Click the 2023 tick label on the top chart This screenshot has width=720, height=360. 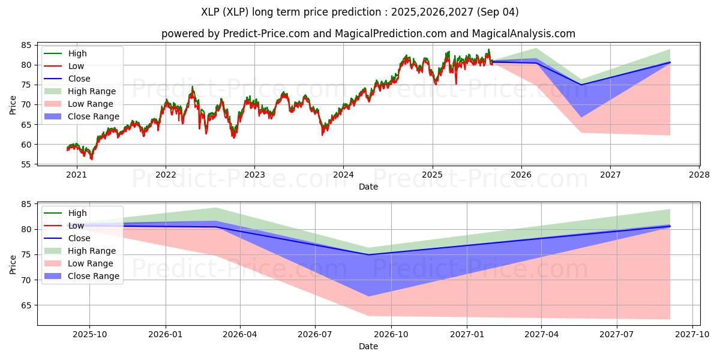coord(254,175)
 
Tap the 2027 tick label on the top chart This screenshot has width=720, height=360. coord(610,175)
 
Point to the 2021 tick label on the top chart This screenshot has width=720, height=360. coord(77,175)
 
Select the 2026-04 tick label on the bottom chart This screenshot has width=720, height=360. coord(240,335)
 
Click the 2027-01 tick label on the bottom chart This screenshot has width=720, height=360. coord(467,335)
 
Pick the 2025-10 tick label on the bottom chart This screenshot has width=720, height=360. coord(89,335)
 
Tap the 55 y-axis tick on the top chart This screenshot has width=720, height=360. coord(26,164)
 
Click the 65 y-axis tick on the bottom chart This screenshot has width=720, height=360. coord(26,305)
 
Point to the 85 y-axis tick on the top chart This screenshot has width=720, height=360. coord(26,46)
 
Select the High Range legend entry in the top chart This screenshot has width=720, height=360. coord(80,91)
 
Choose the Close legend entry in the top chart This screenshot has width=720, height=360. coord(67,79)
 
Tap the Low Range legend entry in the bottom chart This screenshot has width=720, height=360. coord(79,263)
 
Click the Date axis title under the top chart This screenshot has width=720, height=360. coord(368,187)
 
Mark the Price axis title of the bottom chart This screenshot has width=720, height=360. coord(13,265)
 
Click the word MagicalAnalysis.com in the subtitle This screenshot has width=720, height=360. coord(524,34)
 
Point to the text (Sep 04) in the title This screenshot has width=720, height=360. coord(497,12)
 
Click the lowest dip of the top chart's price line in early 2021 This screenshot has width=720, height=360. coord(91,159)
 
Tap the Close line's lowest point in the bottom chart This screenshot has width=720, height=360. coord(368,255)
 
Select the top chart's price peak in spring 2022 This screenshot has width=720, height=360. coord(192,86)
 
